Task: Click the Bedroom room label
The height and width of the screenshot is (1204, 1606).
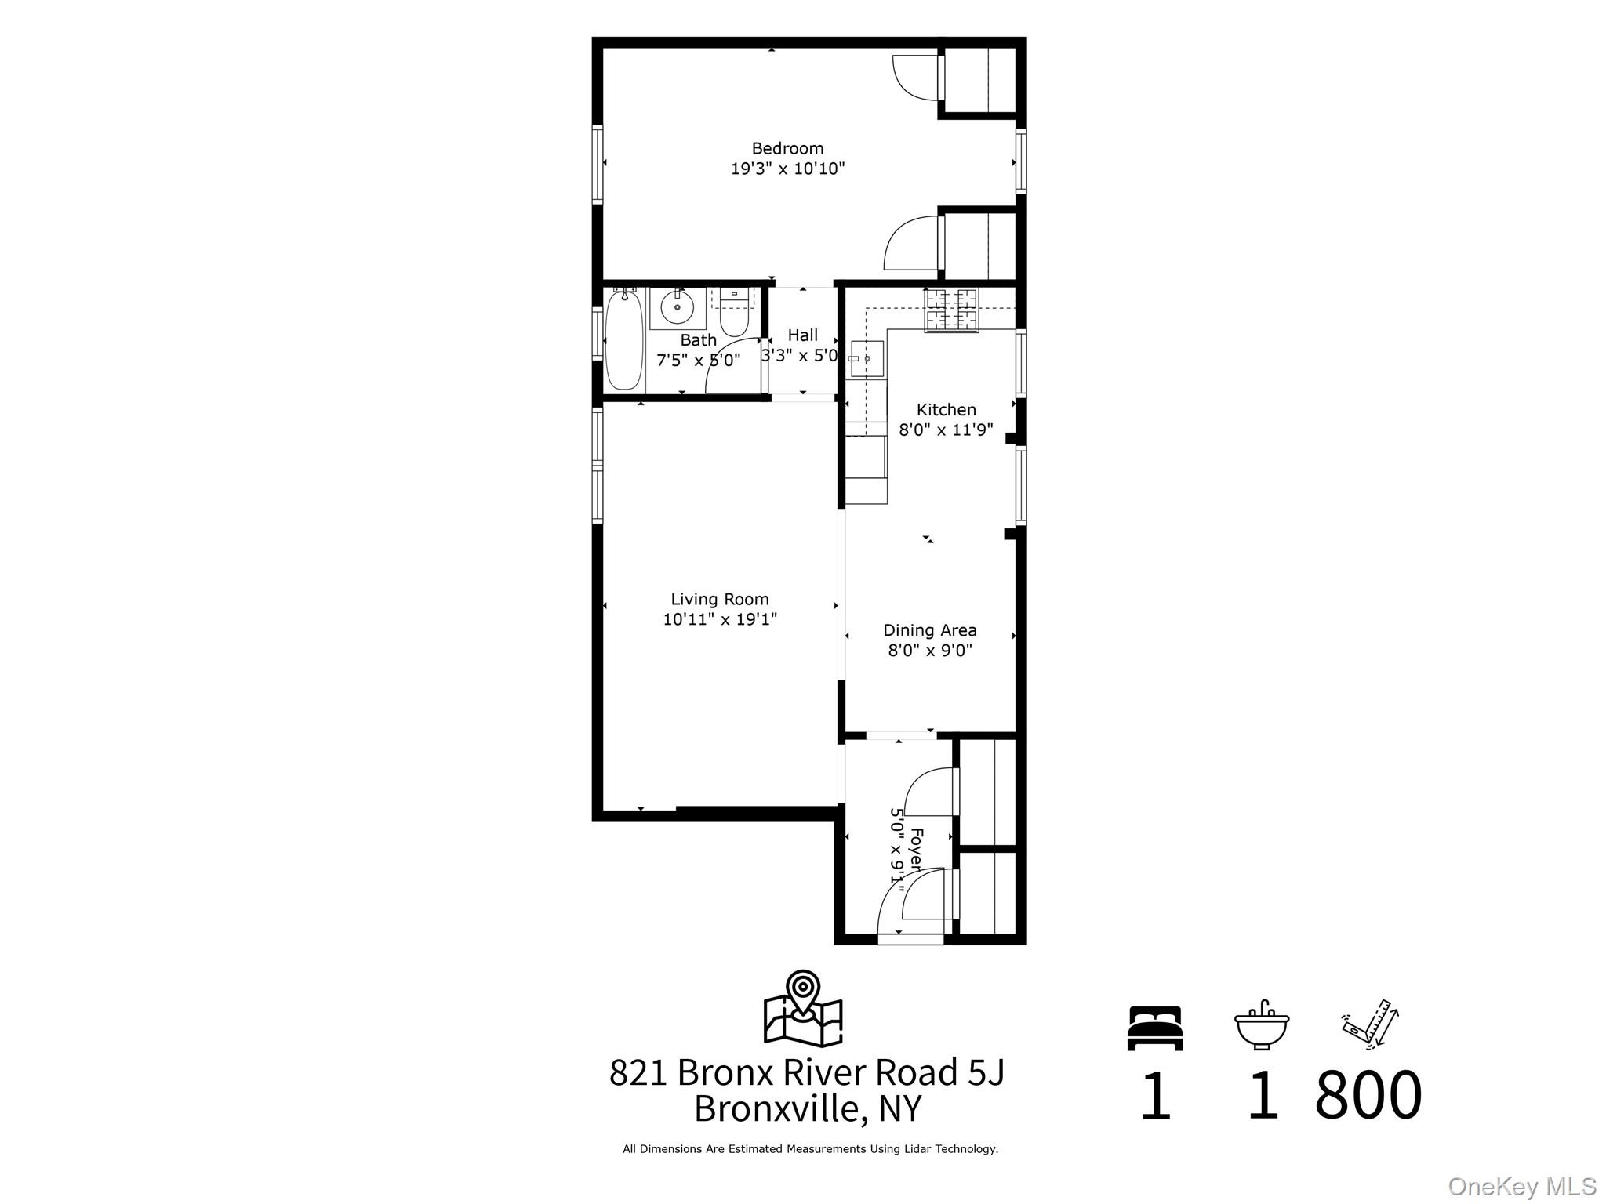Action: pyautogui.click(x=787, y=148)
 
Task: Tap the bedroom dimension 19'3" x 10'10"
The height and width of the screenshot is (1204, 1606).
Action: pyautogui.click(x=787, y=169)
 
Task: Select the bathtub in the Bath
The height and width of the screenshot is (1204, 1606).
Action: pyautogui.click(x=624, y=340)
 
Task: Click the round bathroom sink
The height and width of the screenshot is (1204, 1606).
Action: pyautogui.click(x=677, y=307)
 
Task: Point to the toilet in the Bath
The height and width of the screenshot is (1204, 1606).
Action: pyautogui.click(x=734, y=316)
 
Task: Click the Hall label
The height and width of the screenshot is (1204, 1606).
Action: pyautogui.click(x=802, y=335)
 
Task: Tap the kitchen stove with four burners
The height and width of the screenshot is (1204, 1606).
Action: pyautogui.click(x=951, y=310)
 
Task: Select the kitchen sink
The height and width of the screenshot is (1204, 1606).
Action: pyautogui.click(x=867, y=358)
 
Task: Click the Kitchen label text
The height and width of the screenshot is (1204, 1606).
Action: pyautogui.click(x=946, y=410)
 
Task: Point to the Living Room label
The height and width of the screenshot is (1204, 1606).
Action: pyautogui.click(x=719, y=600)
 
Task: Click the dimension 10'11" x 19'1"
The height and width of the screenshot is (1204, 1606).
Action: pyautogui.click(x=719, y=620)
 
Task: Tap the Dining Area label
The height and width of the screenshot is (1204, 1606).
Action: pyautogui.click(x=929, y=630)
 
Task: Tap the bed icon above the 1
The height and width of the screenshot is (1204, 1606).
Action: pyautogui.click(x=1154, y=1028)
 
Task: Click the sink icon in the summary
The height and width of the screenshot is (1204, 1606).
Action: pyautogui.click(x=1261, y=1025)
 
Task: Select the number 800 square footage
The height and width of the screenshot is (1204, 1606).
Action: pyautogui.click(x=1368, y=1095)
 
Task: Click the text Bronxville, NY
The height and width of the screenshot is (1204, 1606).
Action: pyautogui.click(x=808, y=1109)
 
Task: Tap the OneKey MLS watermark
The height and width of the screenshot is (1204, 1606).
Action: pyautogui.click(x=1521, y=1187)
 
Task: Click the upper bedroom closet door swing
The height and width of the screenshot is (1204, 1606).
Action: pyautogui.click(x=915, y=77)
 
